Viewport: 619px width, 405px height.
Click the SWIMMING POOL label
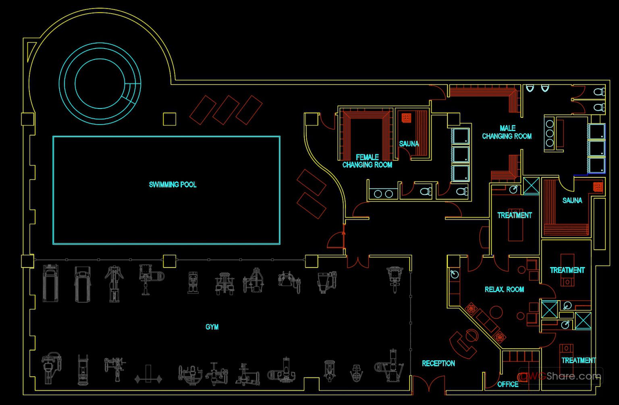[x=172, y=185]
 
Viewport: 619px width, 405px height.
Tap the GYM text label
[x=212, y=327]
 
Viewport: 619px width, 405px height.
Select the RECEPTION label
[x=438, y=363]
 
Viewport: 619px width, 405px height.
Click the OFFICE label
[x=508, y=384]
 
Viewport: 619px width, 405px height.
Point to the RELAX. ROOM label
[x=504, y=289]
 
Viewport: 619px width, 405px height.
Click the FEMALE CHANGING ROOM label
[x=367, y=161]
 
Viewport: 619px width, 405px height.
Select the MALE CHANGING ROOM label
[x=507, y=132]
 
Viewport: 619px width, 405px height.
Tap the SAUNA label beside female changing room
[x=409, y=143]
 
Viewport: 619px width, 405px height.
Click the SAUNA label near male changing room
[x=572, y=200]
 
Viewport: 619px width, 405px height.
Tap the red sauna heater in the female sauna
[x=406, y=118]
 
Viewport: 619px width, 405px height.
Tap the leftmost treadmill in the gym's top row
[x=51, y=283]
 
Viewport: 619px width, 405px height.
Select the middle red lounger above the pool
[x=226, y=110]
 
